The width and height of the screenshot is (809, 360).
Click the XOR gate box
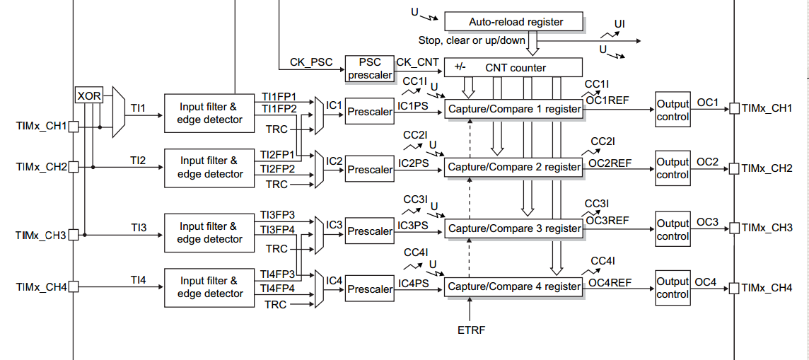click(x=88, y=95)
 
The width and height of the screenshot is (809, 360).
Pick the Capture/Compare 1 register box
click(x=514, y=109)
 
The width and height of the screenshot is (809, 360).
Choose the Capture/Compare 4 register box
click(x=514, y=286)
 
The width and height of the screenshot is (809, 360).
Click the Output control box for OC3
click(x=672, y=229)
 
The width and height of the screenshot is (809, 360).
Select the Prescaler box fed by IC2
click(x=369, y=170)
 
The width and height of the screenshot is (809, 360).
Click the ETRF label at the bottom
click(x=472, y=330)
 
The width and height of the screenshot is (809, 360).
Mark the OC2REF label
click(x=610, y=163)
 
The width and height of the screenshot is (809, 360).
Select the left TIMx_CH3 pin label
click(x=41, y=235)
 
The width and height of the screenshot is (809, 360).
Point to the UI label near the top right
click(x=619, y=24)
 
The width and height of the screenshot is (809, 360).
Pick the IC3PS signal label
click(x=412, y=226)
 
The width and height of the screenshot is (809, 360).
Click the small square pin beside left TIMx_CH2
click(x=73, y=167)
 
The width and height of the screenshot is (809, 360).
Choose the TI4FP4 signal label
click(x=278, y=288)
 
